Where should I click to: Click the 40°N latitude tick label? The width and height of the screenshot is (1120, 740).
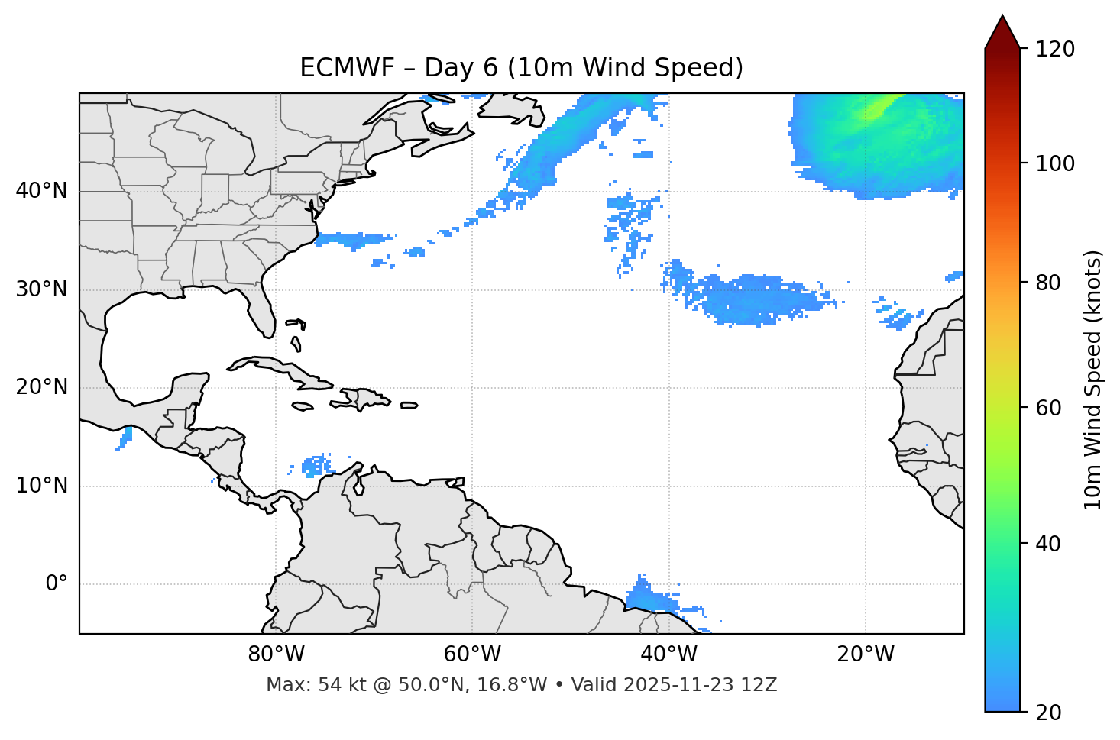pyautogui.click(x=41, y=191)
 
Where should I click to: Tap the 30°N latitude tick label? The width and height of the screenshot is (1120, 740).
pyautogui.click(x=41, y=289)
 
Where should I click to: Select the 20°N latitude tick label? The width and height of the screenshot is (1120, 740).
pyautogui.click(x=41, y=387)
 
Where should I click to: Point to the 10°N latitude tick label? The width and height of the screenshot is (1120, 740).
pyautogui.click(x=41, y=486)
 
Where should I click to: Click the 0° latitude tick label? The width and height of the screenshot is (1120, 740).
pyautogui.click(x=57, y=584)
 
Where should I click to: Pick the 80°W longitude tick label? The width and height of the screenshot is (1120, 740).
pyautogui.click(x=276, y=654)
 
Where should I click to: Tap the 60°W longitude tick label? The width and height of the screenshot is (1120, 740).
pyautogui.click(x=472, y=654)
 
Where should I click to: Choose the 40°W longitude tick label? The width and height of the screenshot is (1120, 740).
pyautogui.click(x=668, y=654)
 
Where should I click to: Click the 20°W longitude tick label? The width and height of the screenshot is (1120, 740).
pyautogui.click(x=866, y=654)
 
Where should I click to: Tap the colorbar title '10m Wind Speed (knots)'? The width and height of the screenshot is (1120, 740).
pyautogui.click(x=1093, y=380)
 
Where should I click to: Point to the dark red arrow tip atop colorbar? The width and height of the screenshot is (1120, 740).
pyautogui.click(x=1002, y=31)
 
